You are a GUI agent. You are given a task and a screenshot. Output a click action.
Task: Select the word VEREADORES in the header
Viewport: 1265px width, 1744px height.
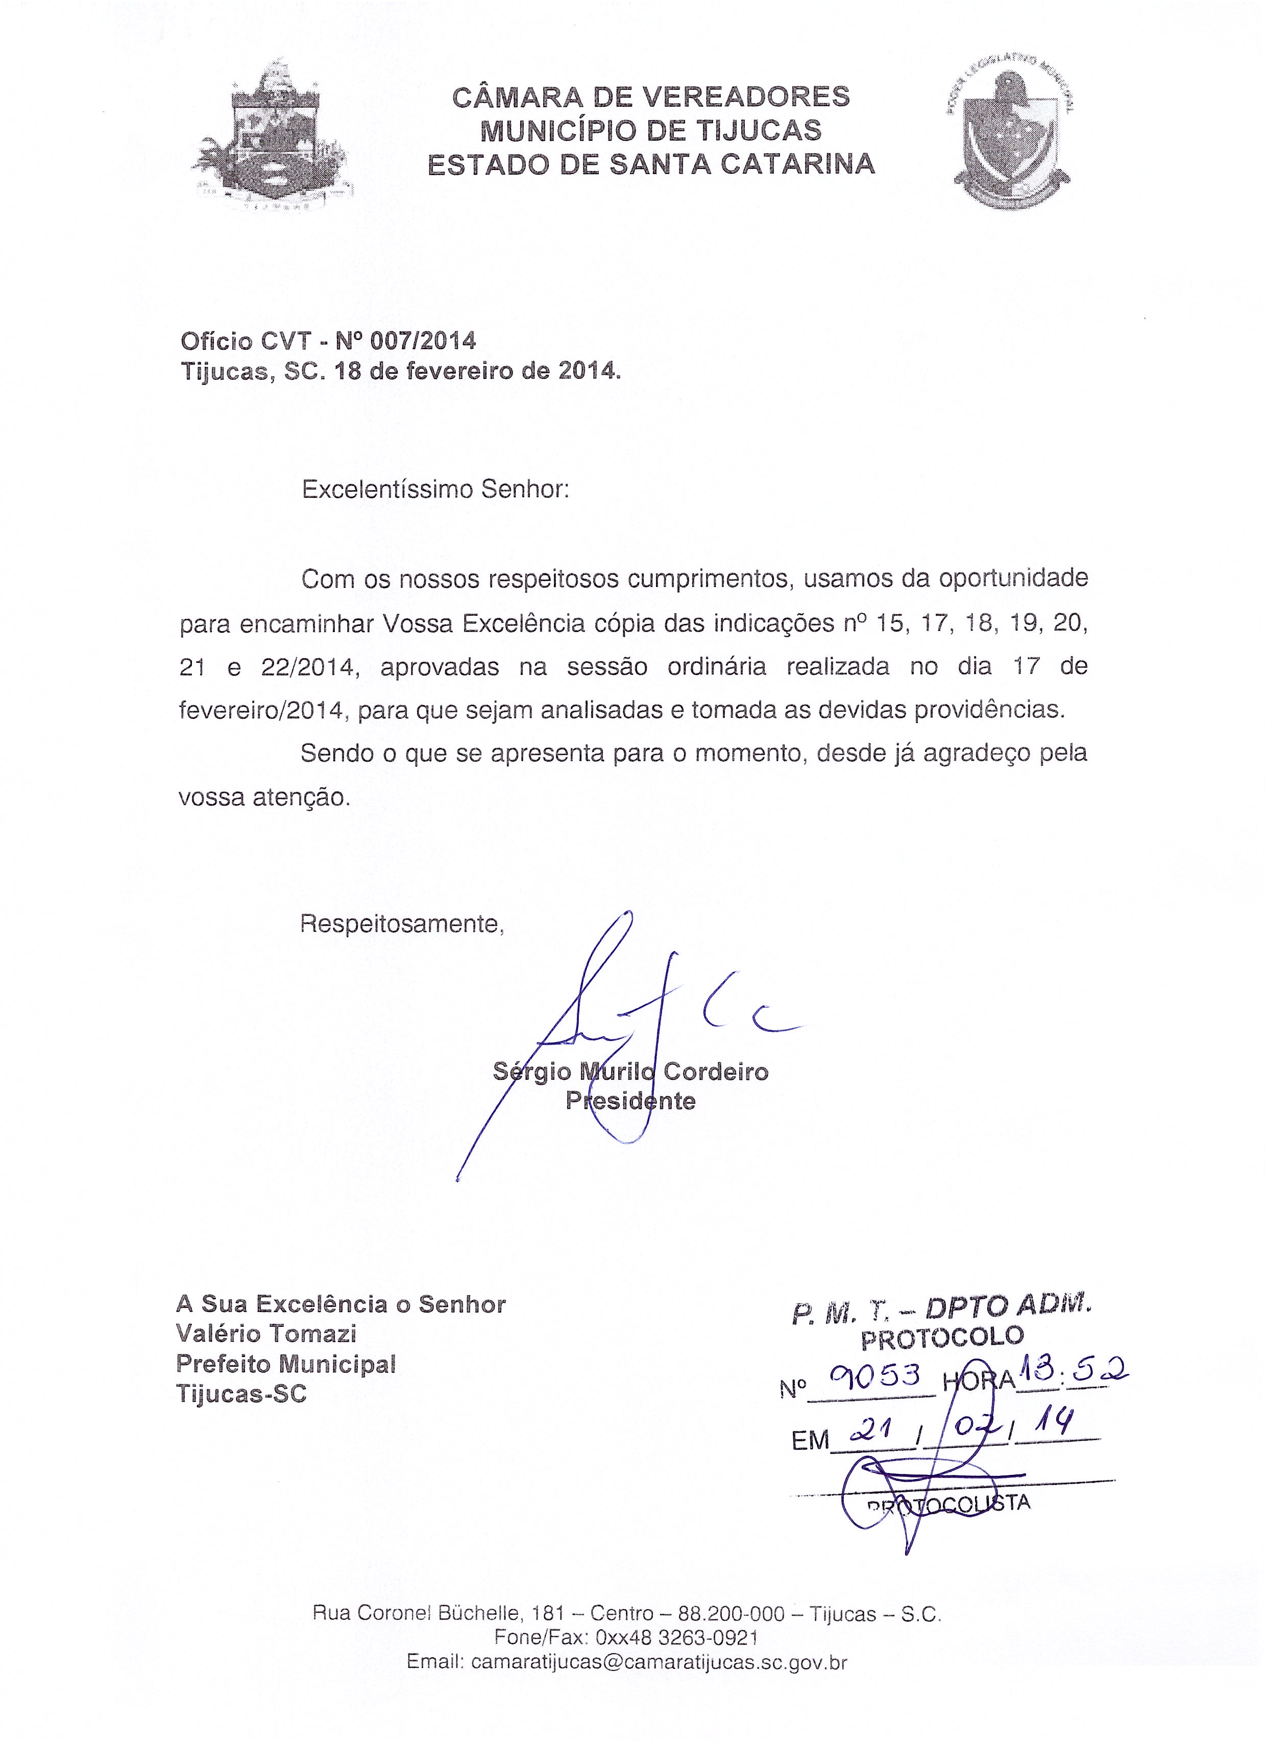click(x=745, y=97)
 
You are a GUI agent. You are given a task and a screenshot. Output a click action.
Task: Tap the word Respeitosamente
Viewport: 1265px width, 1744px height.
click(x=401, y=924)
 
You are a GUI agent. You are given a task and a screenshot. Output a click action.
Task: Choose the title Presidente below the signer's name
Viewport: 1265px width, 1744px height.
click(x=630, y=1101)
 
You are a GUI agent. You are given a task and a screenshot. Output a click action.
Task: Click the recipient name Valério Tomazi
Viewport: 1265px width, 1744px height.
click(x=266, y=1334)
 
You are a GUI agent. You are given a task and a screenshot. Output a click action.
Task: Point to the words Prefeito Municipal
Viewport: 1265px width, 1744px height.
click(x=285, y=1363)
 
